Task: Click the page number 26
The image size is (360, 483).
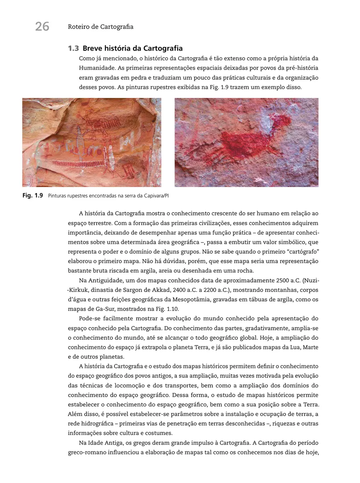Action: pos(42,27)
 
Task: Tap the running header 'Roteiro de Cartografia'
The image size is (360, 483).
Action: pos(100,27)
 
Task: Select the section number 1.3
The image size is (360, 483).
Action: pos(73,49)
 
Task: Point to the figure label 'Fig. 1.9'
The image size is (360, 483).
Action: pos(33,196)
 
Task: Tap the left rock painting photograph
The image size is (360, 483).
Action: pos(92,142)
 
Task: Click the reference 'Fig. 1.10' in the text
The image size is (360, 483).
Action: pos(168,310)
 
